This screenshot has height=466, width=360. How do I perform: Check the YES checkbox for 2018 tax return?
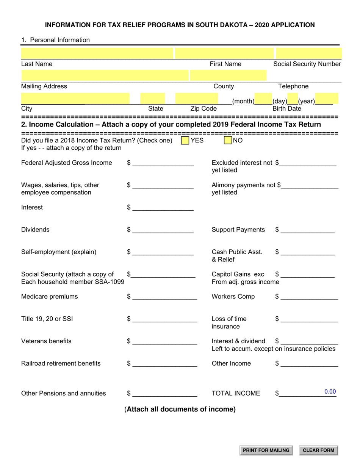point(185,141)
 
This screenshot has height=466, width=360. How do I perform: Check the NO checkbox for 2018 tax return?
point(228,141)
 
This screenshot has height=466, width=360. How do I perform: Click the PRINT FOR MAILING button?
point(266,450)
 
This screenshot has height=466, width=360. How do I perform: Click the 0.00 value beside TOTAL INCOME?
point(330,392)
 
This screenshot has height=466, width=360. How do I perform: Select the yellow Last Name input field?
point(97,53)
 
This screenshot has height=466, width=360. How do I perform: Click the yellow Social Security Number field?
point(308,53)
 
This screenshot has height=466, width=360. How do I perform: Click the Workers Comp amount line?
point(309,297)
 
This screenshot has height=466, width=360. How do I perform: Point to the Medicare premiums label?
point(49,297)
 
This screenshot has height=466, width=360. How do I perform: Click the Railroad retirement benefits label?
point(61,363)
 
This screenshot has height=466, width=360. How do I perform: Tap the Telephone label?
point(293,86)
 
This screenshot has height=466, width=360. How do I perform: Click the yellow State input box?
point(152,99)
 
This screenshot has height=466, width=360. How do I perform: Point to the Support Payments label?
point(238,230)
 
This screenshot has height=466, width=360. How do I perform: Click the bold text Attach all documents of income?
point(180,409)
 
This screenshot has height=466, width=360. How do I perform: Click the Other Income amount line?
point(309,364)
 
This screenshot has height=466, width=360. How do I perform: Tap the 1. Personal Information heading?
point(55,40)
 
